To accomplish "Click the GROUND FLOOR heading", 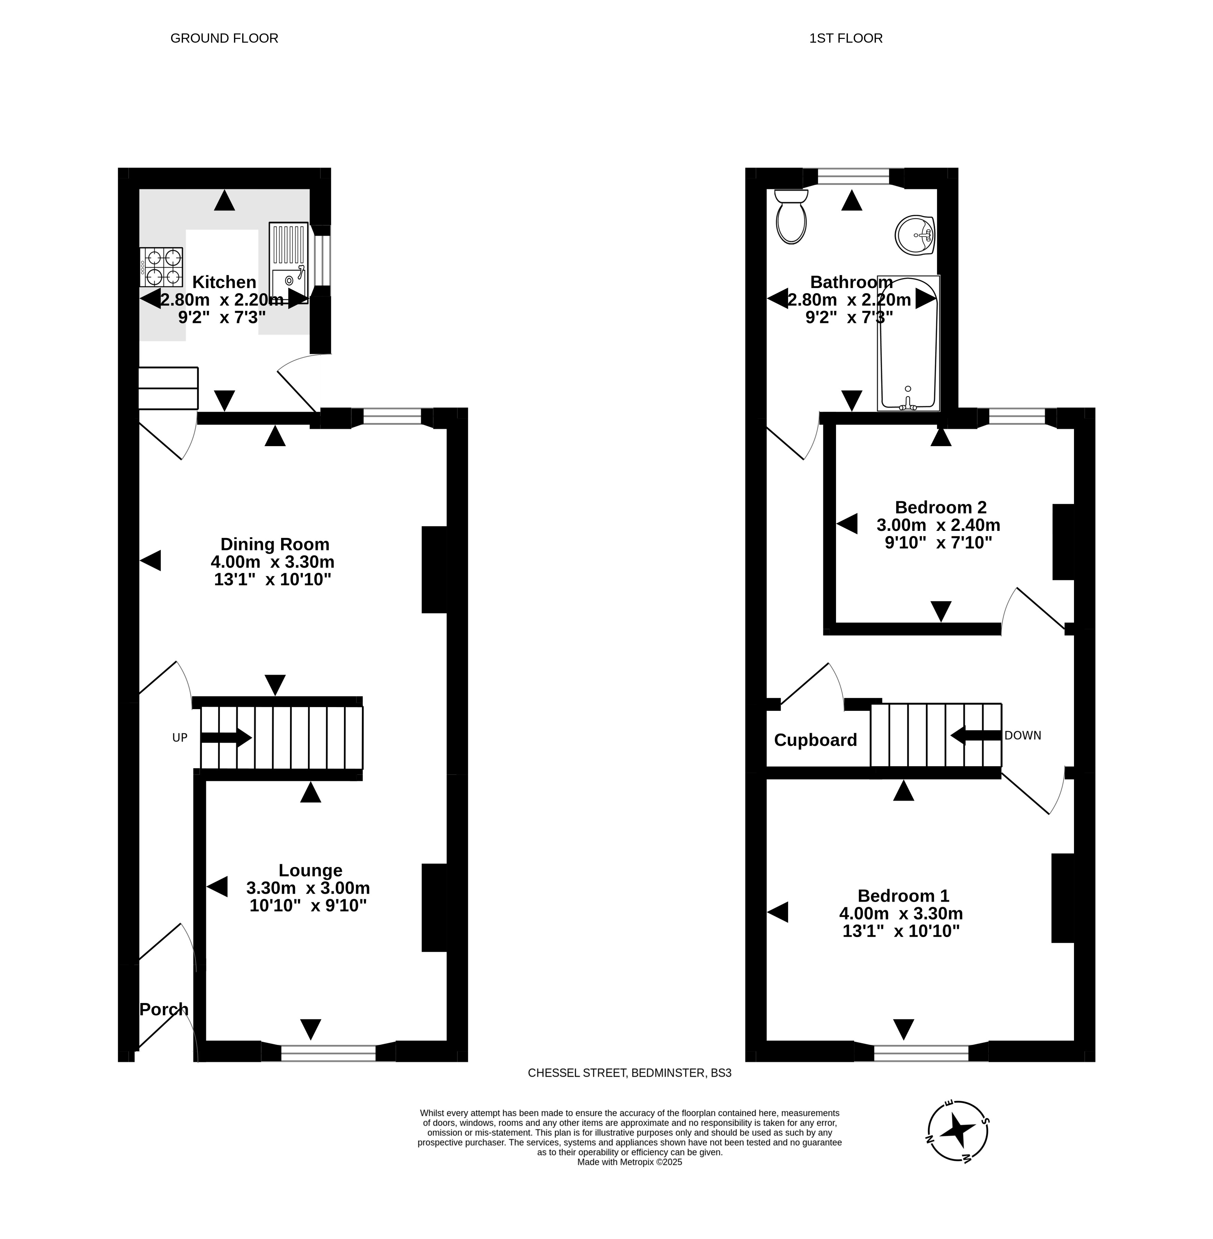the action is (224, 38).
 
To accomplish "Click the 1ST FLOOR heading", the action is (846, 38).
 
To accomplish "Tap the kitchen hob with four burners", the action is (161, 267).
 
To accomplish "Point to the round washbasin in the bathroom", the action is (915, 235).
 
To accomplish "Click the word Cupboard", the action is (815, 740).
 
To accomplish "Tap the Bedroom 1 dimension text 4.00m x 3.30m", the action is (901, 913).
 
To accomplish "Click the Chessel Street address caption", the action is (629, 1073).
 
